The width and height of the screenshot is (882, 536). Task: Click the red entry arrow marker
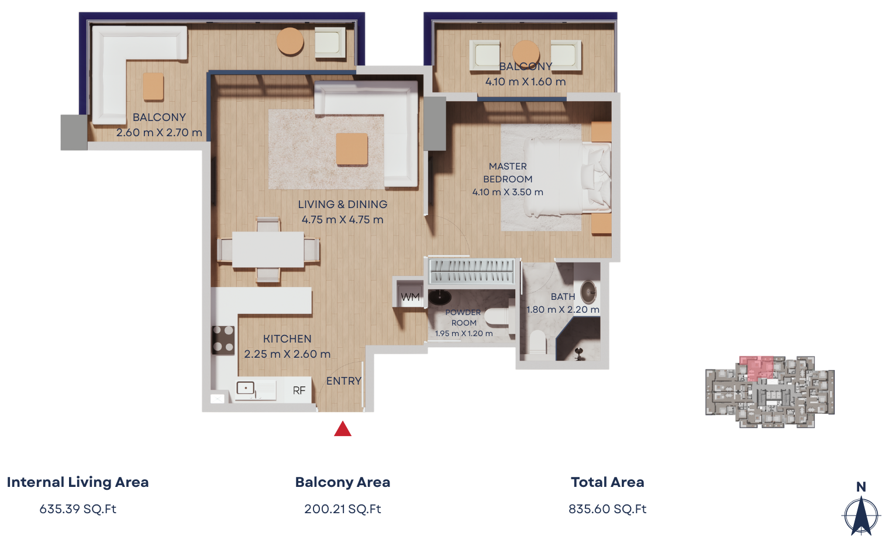[x=343, y=429]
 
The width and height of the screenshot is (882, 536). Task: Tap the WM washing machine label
[x=410, y=297]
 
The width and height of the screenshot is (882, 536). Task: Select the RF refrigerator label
[x=299, y=390]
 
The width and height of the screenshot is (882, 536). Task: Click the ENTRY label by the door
[x=344, y=381]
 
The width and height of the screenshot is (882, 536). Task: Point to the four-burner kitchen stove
[x=223, y=340]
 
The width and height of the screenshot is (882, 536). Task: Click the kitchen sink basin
[x=245, y=389]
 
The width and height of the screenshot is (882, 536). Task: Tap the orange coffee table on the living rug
[x=352, y=149]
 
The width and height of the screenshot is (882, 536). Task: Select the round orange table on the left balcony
[x=290, y=41]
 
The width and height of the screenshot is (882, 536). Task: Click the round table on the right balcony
[x=526, y=53]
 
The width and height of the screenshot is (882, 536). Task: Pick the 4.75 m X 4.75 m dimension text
[x=343, y=220]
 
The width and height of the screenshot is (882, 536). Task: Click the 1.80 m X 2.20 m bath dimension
[x=563, y=310]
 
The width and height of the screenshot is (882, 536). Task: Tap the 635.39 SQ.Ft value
[x=78, y=509]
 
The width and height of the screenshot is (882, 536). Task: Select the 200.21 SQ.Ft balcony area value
[x=343, y=509]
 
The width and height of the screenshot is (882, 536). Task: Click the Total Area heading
[x=608, y=482]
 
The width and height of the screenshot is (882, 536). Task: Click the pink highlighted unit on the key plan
[x=756, y=368]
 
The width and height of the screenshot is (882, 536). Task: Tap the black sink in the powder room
[x=439, y=298]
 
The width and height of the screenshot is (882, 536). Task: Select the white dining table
[x=268, y=250]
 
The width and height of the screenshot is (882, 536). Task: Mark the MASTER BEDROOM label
[x=508, y=173]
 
